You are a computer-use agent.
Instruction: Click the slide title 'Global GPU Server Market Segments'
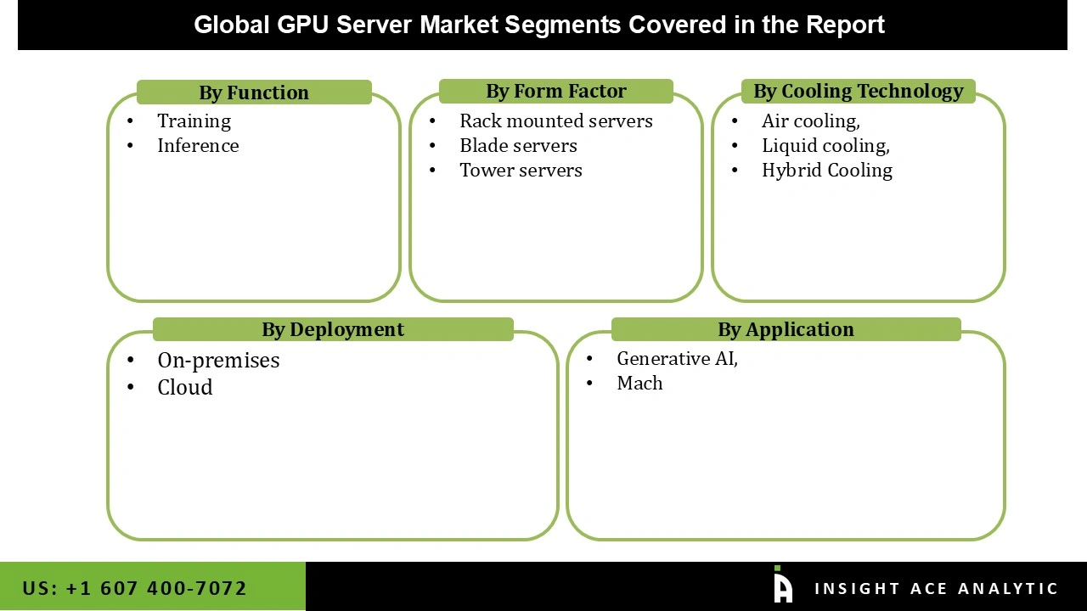click(539, 25)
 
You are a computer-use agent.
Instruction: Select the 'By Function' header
click(254, 92)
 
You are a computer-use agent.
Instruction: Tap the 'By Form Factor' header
click(555, 91)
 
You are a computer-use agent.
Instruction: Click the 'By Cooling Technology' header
click(858, 91)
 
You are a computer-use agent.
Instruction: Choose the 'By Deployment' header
click(333, 329)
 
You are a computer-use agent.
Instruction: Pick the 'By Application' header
click(786, 329)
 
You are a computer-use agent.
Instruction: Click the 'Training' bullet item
click(194, 121)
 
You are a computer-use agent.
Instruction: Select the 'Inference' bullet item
click(198, 146)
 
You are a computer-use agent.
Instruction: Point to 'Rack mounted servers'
click(555, 121)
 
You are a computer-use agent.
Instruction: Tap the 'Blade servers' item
click(518, 146)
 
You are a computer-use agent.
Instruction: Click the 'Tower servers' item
click(521, 171)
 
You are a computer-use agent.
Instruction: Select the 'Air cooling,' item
click(810, 121)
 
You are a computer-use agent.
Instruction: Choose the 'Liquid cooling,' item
click(825, 146)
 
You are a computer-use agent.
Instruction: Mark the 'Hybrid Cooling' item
click(826, 171)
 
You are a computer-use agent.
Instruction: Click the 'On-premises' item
click(218, 361)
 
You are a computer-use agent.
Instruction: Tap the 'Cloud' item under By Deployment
click(184, 388)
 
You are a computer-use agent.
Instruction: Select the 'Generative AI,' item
click(677, 359)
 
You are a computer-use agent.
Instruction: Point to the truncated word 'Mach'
click(639, 384)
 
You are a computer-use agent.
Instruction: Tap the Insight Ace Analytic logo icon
click(782, 586)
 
